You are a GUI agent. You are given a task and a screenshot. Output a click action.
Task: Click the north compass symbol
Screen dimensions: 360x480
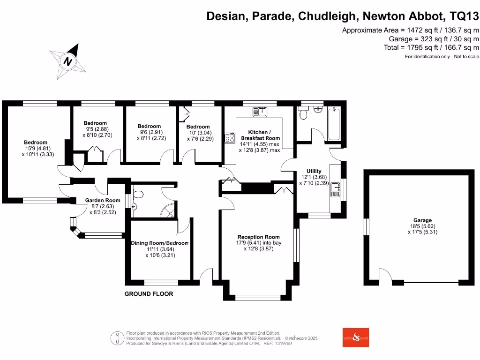pos(68,61)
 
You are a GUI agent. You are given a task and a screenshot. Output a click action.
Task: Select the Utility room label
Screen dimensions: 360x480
pos(314,171)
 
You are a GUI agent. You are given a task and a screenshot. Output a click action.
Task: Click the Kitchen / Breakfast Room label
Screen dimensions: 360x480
pos(260,135)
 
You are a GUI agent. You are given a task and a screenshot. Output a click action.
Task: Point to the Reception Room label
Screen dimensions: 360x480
pos(258,237)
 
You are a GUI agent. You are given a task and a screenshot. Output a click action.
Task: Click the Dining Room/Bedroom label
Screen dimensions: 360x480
pos(159,243)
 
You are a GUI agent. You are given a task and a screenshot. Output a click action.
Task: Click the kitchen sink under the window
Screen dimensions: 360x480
pos(259,112)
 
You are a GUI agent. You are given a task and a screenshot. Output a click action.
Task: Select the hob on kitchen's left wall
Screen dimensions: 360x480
pos(230,138)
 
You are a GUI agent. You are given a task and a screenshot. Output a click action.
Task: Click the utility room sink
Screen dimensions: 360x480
pos(336,189)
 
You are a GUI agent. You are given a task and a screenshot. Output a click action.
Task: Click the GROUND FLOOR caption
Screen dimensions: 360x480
pos(149,294)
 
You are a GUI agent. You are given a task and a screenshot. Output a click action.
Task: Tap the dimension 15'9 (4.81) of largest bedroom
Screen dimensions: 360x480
pos(36,149)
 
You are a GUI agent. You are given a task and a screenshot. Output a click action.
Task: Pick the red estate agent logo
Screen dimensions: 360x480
pos(355,337)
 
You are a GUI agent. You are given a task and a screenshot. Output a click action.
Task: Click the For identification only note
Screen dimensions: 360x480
pos(442,57)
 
